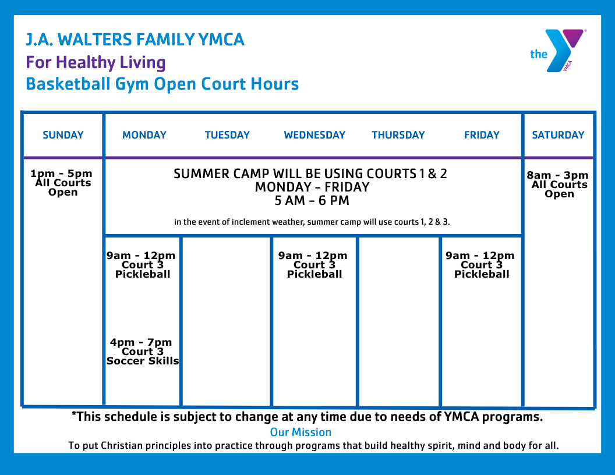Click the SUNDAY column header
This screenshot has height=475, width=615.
pyautogui.click(x=63, y=135)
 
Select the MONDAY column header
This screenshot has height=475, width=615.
pyautogui.click(x=144, y=135)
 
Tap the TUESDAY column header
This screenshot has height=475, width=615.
pyautogui.click(x=227, y=135)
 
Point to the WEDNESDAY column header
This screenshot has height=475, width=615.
pyautogui.click(x=314, y=135)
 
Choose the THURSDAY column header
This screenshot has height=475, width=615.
pyautogui.click(x=398, y=135)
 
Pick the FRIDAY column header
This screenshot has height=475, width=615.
pyautogui.click(x=482, y=135)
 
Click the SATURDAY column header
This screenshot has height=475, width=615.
pyautogui.click(x=558, y=135)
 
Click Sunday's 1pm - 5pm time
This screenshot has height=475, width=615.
pyautogui.click(x=62, y=173)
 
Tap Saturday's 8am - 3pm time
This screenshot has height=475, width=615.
pyautogui.click(x=557, y=175)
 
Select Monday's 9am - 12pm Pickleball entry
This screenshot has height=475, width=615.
pyautogui.click(x=141, y=264)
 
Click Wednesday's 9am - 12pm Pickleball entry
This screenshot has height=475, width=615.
pyautogui.click(x=313, y=264)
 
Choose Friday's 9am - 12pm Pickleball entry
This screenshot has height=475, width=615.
pyautogui.click(x=480, y=264)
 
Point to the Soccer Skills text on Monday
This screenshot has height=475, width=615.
pyautogui.click(x=143, y=361)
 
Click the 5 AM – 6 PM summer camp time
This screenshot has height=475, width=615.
pyautogui.click(x=312, y=201)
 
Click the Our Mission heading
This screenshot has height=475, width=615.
pyautogui.click(x=301, y=433)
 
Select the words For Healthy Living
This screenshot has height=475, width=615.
pyautogui.click(x=96, y=63)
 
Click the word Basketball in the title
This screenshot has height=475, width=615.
pyautogui.click(x=68, y=84)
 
